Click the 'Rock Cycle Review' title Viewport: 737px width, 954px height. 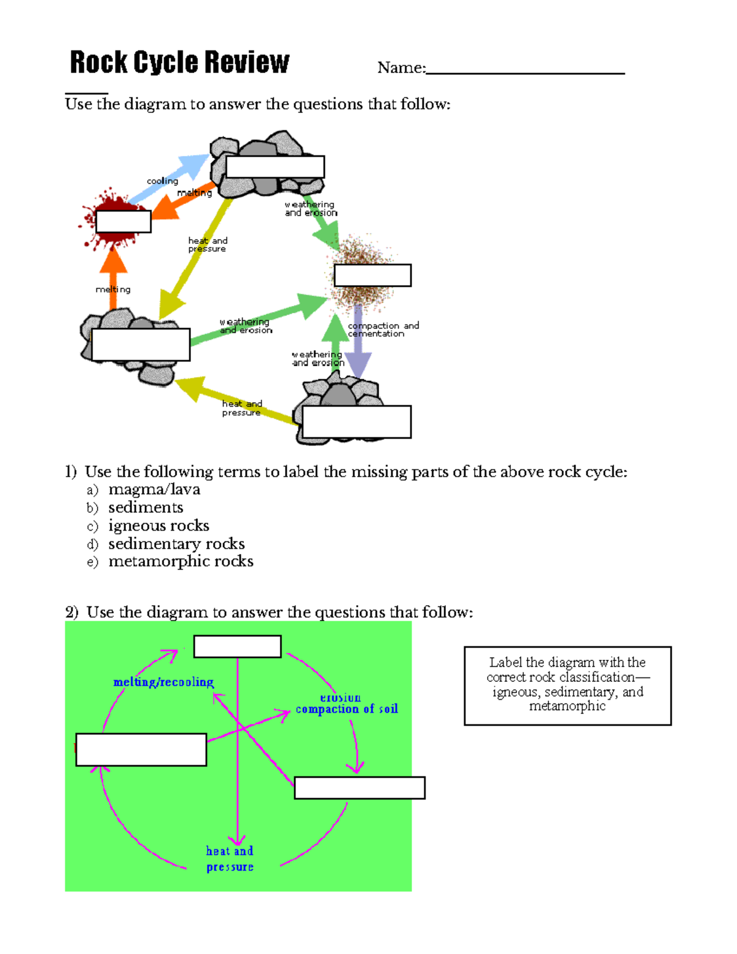[179, 63]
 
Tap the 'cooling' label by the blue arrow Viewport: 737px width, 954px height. [162, 181]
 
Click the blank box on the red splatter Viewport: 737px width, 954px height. [123, 221]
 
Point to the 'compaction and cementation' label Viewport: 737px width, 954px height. [383, 329]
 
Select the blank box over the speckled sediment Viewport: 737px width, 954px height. [372, 275]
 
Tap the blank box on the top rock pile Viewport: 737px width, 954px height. [275, 166]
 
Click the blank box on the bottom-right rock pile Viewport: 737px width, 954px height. [356, 421]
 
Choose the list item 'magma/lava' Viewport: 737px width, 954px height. [154, 490]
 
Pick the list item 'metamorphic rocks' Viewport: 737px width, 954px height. [181, 561]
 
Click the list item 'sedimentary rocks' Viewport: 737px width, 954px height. [176, 544]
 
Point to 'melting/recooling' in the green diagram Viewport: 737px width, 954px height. [163, 682]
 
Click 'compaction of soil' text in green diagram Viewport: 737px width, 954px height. [346, 709]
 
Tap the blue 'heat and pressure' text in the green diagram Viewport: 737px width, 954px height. [230, 859]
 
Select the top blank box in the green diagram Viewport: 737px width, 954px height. [237, 646]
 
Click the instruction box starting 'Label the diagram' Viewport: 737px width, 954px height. [567, 686]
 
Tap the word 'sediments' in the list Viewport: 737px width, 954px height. [146, 507]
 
